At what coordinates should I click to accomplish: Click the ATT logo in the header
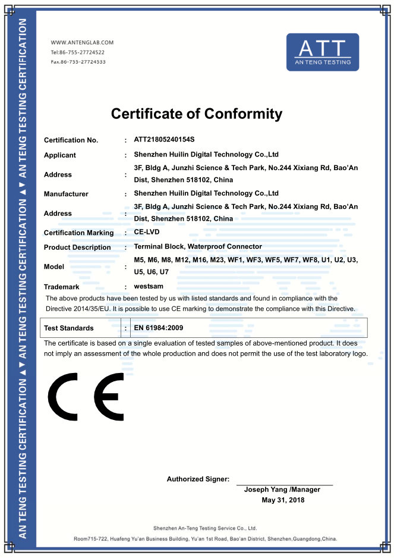point(323,52)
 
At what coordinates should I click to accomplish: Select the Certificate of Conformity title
point(197,114)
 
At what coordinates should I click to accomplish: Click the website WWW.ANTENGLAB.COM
point(82,43)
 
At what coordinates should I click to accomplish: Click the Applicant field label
point(60,155)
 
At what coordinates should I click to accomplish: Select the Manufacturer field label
point(66,194)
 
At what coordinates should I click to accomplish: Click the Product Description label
point(77,247)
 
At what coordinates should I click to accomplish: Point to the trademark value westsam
point(150,286)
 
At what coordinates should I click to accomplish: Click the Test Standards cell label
point(69,328)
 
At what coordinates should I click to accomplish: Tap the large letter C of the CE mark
point(63,396)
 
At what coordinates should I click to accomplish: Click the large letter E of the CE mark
point(109,396)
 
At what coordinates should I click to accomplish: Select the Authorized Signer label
point(198,479)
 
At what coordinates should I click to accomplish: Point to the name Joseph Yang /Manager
point(282,490)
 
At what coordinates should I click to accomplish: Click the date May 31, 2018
point(283,500)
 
